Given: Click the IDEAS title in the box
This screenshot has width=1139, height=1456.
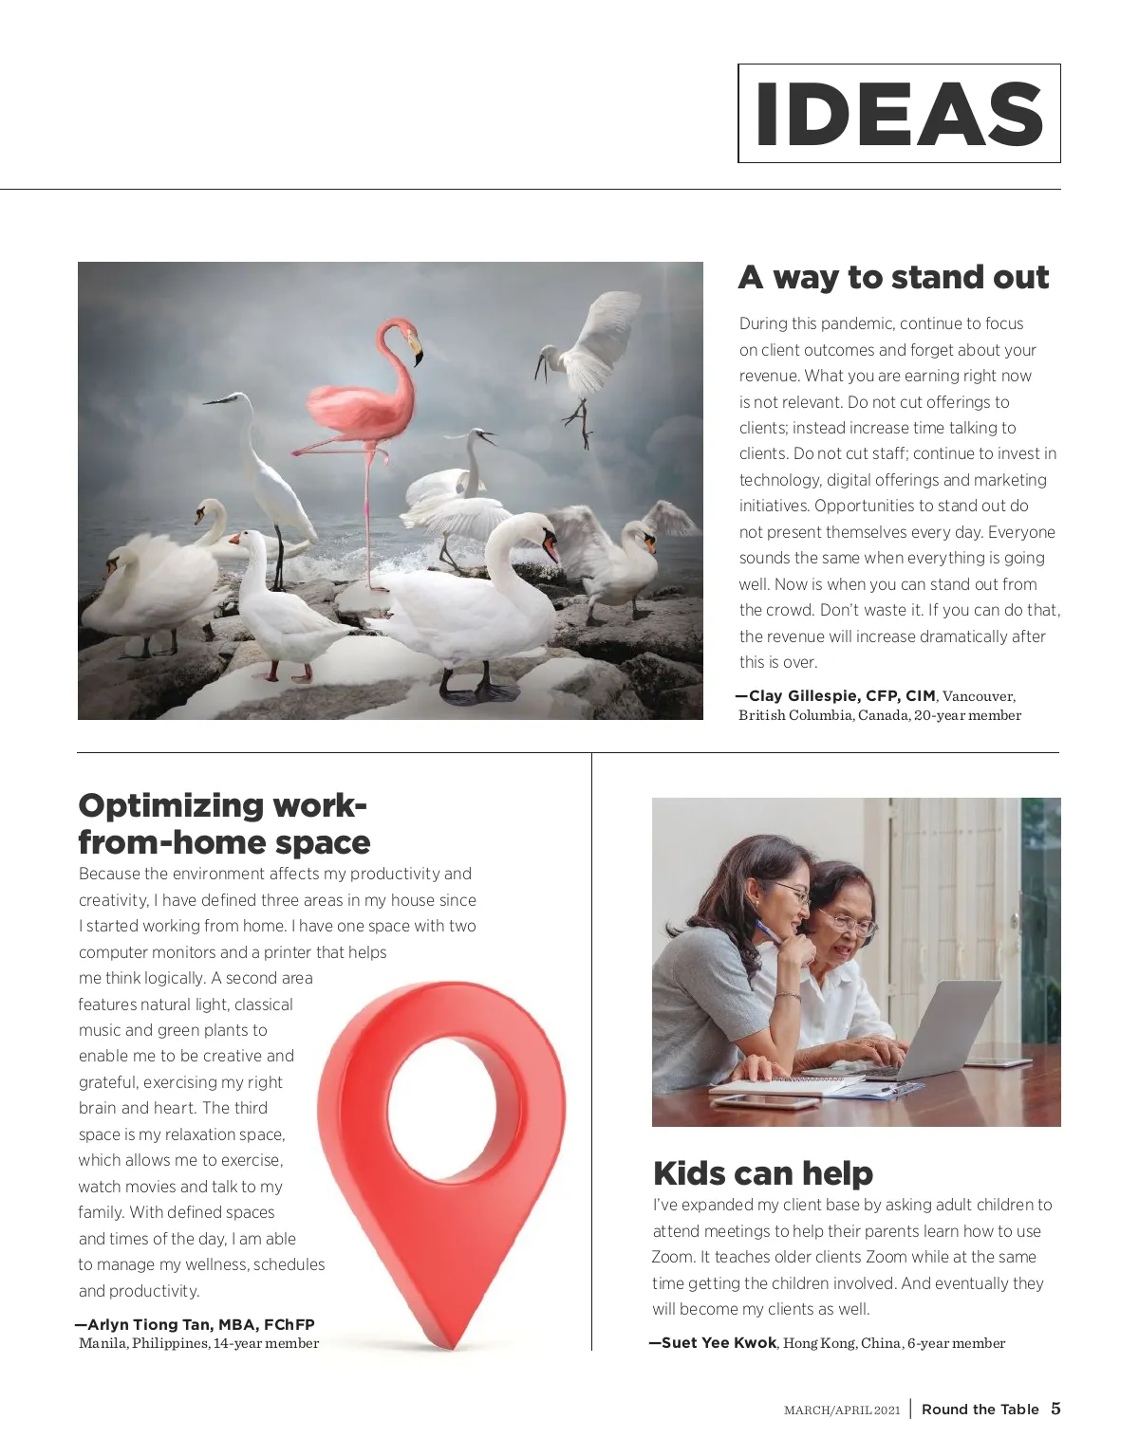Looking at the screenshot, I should [899, 114].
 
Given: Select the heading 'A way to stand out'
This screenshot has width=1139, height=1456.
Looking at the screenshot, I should [893, 277].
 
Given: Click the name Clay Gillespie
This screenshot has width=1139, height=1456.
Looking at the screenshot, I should [805, 695].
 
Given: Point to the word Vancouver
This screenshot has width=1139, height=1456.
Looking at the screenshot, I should [978, 696].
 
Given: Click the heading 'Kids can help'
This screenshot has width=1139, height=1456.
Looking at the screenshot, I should [763, 1173].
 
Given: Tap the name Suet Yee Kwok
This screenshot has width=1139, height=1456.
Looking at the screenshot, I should [719, 1343].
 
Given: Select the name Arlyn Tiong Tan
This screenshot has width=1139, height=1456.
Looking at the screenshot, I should [150, 1324].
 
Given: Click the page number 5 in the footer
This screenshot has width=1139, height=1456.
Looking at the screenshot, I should [1055, 1409].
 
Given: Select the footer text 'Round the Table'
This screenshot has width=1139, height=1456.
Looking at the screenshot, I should [980, 1410].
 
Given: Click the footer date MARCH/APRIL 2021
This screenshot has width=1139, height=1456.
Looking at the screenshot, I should [842, 1410].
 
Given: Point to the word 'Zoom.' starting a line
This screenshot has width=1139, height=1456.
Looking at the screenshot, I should [673, 1257].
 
